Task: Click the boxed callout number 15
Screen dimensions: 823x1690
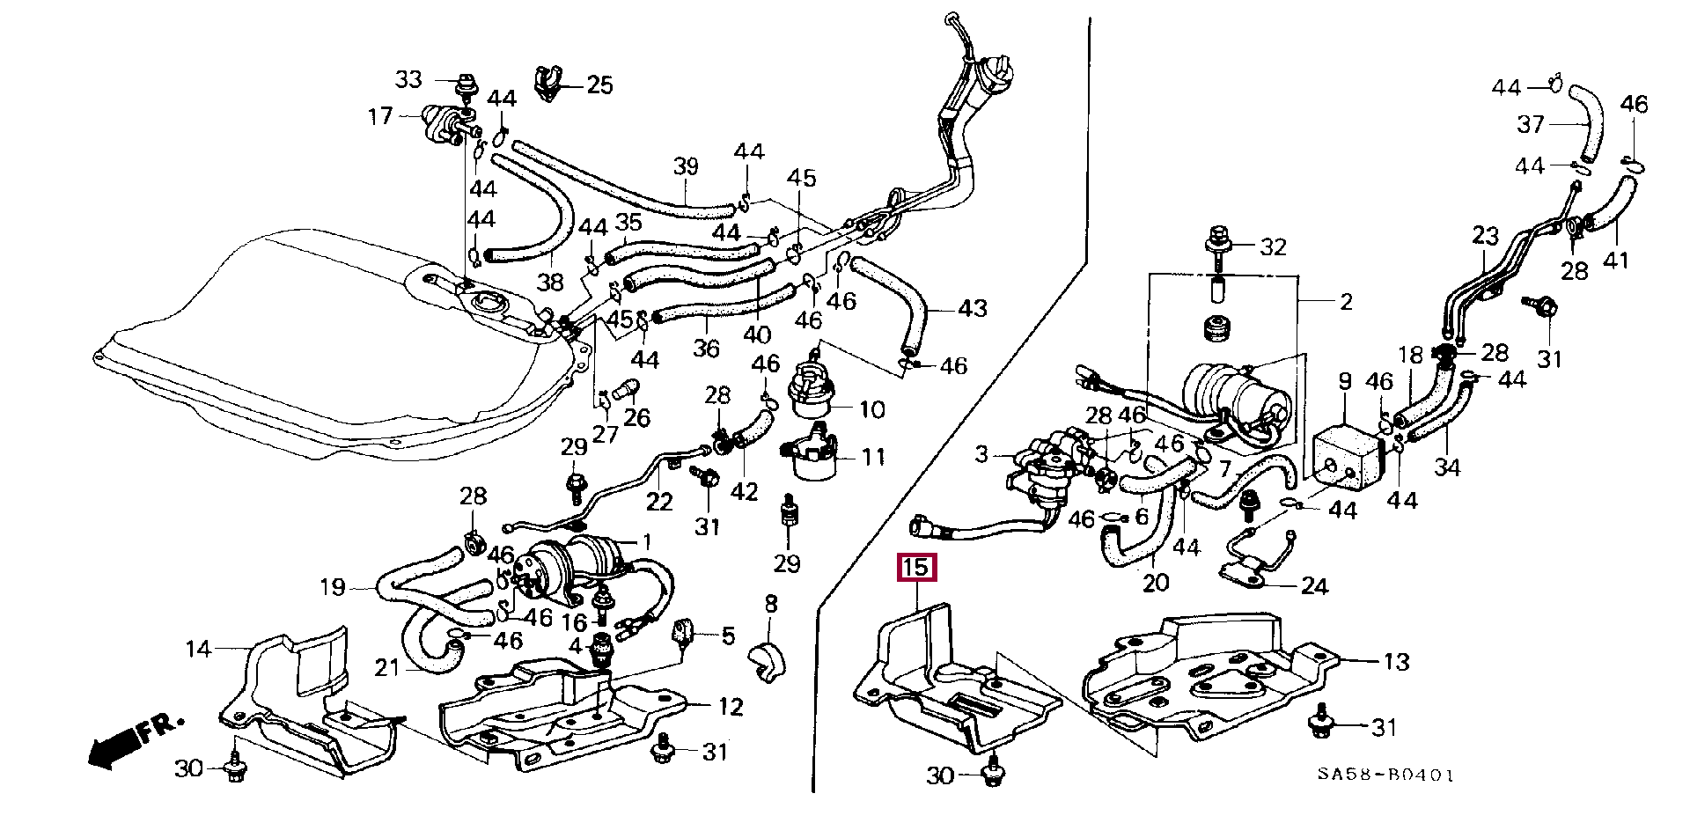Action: coord(915,568)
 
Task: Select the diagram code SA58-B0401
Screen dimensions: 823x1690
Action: coord(1385,775)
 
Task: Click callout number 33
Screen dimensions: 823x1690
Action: coord(408,80)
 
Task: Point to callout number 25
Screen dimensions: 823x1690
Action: coord(599,85)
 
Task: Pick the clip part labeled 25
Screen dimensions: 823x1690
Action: coord(548,82)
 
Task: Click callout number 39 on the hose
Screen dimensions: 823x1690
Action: coord(686,166)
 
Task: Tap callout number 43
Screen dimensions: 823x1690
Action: coord(972,309)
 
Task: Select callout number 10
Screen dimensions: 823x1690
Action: coord(871,410)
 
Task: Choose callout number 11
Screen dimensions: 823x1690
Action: coord(872,458)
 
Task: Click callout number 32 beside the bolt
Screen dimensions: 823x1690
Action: coord(1273,247)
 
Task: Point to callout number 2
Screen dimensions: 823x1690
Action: coord(1345,302)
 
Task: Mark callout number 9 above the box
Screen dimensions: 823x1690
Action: coord(1345,382)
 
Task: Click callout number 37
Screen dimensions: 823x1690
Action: coord(1530,124)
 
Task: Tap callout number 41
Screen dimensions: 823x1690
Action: coord(1615,261)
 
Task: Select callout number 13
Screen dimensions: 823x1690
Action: coord(1396,662)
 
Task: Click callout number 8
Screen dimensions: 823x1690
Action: coord(771,604)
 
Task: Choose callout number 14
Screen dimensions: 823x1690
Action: coord(198,650)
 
